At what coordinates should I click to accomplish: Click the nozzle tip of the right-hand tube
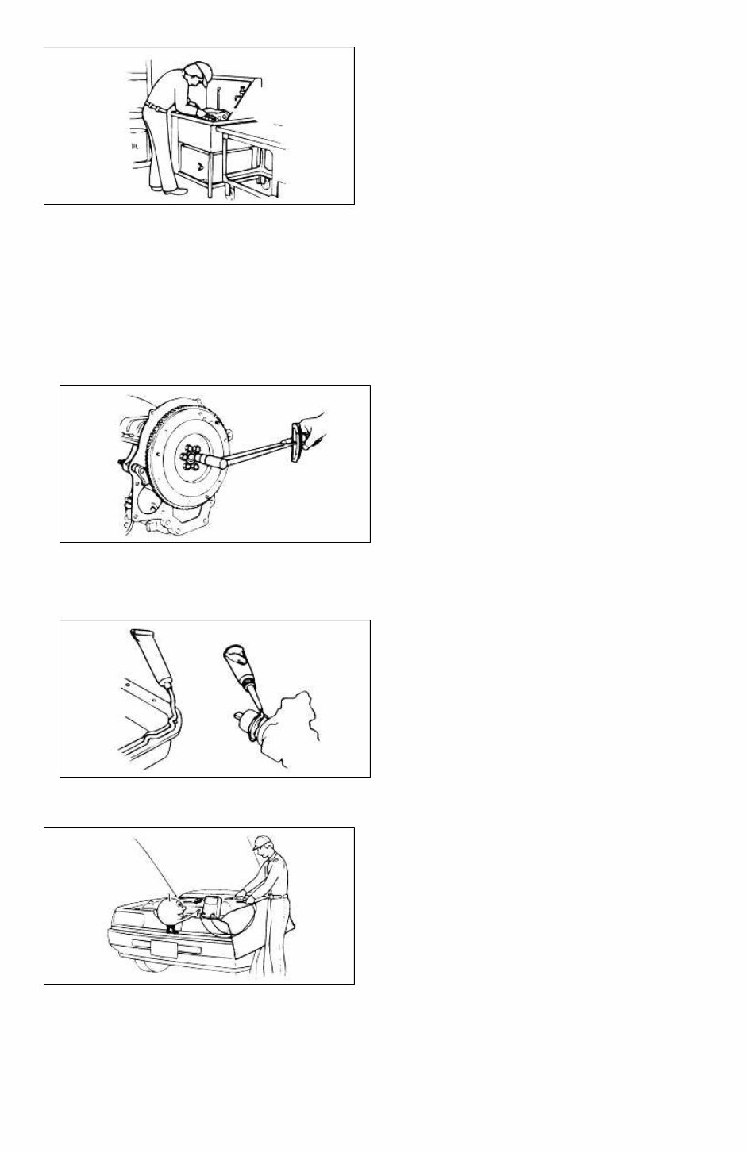(x=256, y=699)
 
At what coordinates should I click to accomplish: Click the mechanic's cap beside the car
(x=263, y=843)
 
